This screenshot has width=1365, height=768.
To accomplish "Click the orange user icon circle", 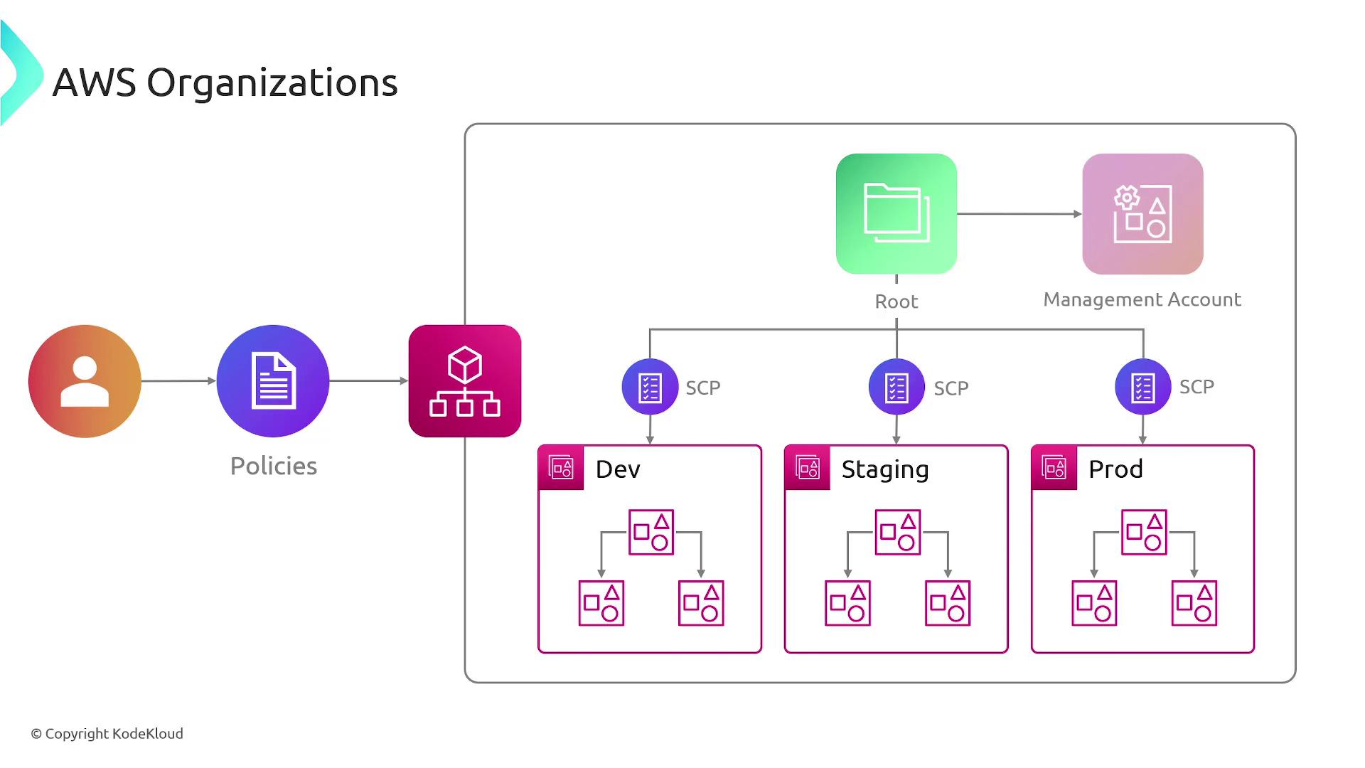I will pos(85,381).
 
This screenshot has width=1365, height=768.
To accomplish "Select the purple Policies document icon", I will pos(273,381).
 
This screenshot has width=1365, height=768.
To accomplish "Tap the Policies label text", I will pos(273,466).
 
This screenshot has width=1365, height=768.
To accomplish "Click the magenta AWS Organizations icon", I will pos(465,381).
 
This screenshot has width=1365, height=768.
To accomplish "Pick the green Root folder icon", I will pos(896,214).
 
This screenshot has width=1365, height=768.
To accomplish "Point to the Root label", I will pos(896,302).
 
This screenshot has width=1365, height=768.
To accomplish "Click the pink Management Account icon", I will pos(1142,214).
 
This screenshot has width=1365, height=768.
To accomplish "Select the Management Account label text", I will pos(1142,299).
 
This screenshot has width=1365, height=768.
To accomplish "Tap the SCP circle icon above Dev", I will pos(650,388).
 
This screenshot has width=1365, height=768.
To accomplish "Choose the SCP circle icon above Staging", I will pos(896,388).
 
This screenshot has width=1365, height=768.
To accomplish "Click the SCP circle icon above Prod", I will pos(1142,388).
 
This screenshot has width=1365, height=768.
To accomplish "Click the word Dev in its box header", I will pos(618,469).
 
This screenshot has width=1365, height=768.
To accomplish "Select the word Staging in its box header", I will pos(885,470).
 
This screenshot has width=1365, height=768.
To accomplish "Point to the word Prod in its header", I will pos(1115,469).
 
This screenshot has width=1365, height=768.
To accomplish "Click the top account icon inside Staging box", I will pos(897,532).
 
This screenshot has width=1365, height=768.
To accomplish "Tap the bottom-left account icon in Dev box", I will pos(601,603).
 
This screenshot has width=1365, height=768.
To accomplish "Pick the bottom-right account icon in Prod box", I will pos(1194,603).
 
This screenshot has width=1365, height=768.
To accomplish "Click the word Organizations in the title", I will pos(272,83).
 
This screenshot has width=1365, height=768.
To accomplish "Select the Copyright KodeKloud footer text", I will pos(107,734).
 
